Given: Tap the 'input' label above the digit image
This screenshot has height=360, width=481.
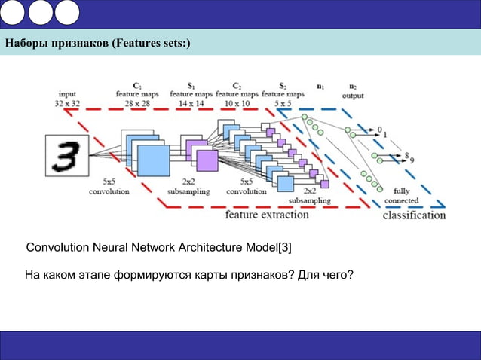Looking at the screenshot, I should coord(67,94).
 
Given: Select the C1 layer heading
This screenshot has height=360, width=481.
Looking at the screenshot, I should coord(137,85).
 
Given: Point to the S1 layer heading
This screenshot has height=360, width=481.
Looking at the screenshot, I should coord(191,85).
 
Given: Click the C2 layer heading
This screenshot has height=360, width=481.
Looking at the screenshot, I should coord(237,85).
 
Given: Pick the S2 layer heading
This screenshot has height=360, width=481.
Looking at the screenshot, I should coord(282,85).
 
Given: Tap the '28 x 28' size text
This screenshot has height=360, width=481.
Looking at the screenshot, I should coord(137,103).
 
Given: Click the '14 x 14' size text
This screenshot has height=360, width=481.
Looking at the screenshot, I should coord(191,103).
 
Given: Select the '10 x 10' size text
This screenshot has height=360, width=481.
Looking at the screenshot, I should coord(237,103).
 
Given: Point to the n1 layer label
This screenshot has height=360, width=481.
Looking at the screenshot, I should coord(322,87).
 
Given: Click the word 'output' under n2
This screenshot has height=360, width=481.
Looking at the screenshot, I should coord(353,96).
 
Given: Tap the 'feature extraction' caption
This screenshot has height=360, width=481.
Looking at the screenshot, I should coord(267,215).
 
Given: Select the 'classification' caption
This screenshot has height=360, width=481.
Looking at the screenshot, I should coord(414,215).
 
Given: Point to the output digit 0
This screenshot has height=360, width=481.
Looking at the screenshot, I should coord(380,129).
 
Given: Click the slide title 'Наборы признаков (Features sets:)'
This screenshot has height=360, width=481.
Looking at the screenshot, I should coord(98,43).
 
